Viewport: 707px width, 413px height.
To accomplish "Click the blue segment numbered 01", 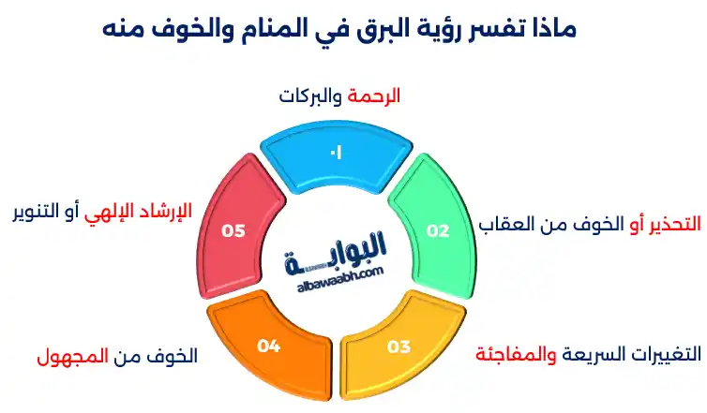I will point(334,151).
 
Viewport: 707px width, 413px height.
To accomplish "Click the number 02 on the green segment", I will point(439,230).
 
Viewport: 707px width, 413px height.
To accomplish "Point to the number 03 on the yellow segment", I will point(399,347).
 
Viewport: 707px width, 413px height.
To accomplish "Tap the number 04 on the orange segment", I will point(269,347).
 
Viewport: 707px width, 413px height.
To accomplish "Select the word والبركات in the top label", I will point(313,96).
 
